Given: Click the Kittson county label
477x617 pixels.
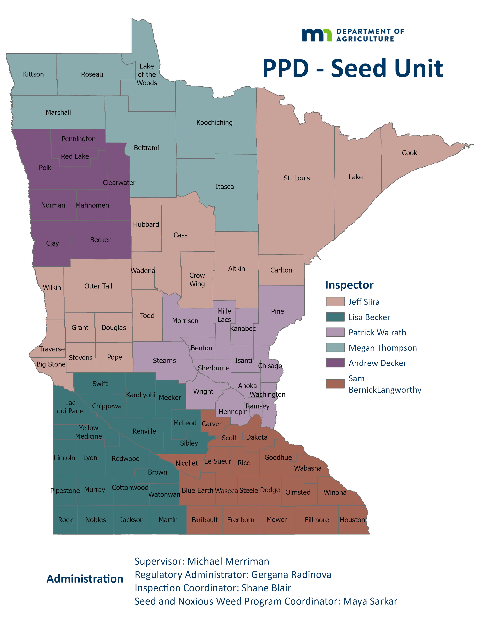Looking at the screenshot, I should click(33, 74).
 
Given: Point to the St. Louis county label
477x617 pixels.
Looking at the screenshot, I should click(297, 178).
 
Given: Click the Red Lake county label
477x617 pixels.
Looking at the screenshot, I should click(75, 156).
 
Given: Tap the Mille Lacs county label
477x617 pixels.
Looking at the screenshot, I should click(224, 315).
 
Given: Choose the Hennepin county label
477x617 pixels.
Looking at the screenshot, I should click(233, 412).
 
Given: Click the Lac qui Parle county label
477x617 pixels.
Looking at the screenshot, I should click(70, 407).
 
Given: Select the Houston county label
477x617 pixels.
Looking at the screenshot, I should click(352, 520).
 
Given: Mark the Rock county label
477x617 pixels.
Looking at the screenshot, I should click(65, 520).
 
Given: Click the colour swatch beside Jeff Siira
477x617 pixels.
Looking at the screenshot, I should click(335, 302).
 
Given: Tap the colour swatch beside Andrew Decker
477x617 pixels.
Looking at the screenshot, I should click(335, 363).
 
